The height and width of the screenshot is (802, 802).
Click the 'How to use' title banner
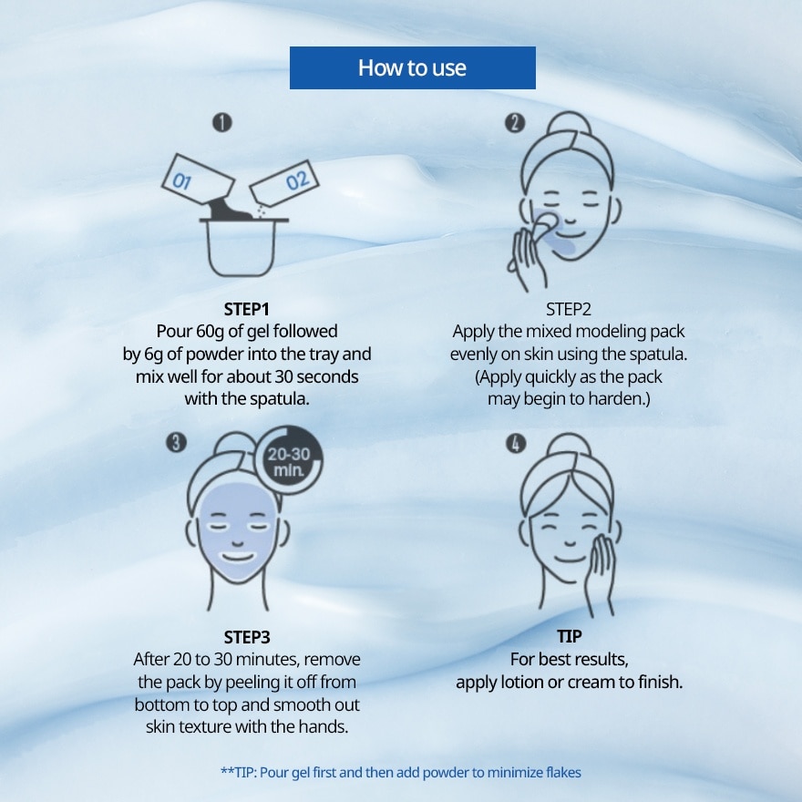pyautogui.click(x=412, y=67)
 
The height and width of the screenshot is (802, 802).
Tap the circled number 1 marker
pyautogui.click(x=222, y=123)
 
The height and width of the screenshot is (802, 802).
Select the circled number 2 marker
pyautogui.click(x=515, y=123)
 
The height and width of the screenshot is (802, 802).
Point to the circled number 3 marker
pyautogui.click(x=177, y=442)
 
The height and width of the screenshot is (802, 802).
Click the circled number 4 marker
pyautogui.click(x=516, y=444)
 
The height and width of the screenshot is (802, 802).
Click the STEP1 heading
pyautogui.click(x=247, y=310)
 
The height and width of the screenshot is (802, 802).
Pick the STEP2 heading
pyautogui.click(x=569, y=310)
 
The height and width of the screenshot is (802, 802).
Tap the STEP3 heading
pyautogui.click(x=247, y=637)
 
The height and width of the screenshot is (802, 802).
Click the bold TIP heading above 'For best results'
pyautogui.click(x=570, y=636)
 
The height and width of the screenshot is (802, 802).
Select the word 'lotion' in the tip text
pyautogui.click(x=522, y=682)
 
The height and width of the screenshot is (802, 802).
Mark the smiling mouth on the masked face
pyautogui.click(x=238, y=557)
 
